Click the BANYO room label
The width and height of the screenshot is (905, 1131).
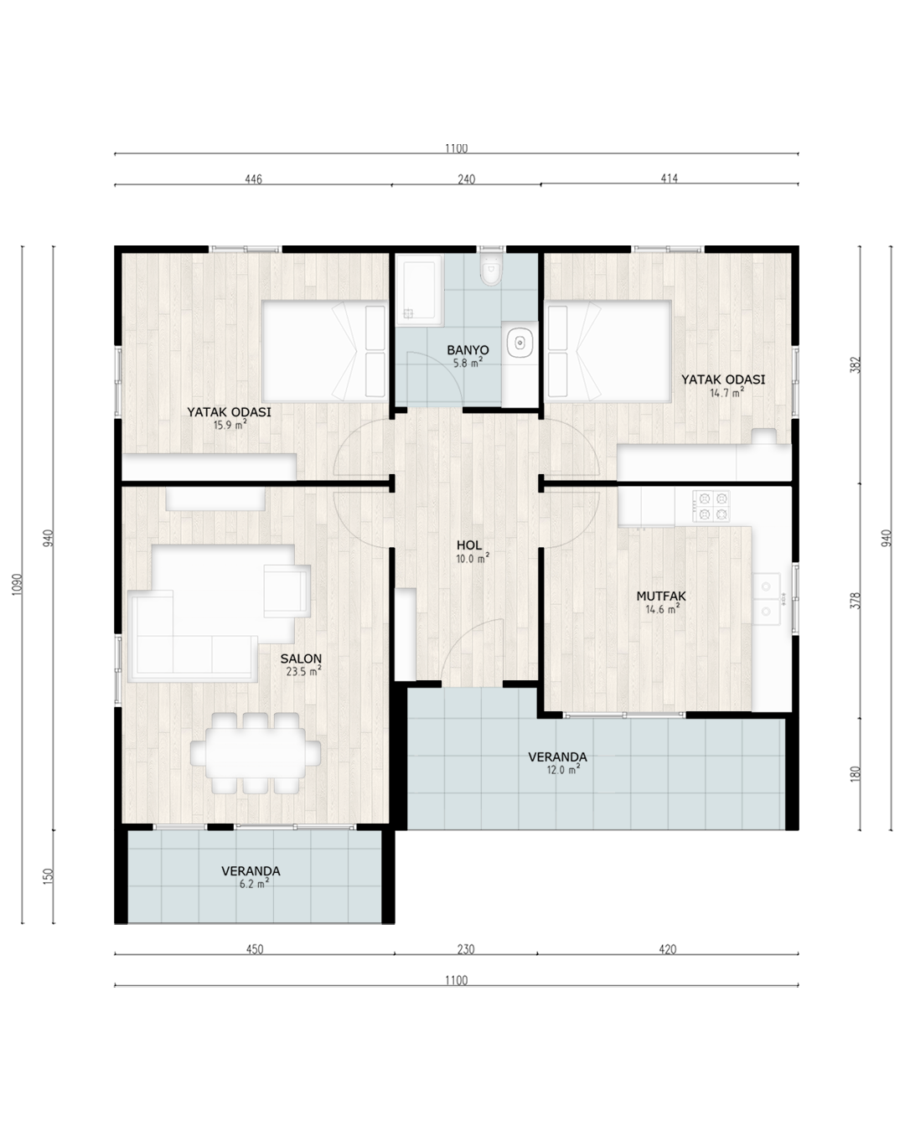(468, 350)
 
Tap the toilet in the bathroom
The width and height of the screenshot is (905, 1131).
(491, 270)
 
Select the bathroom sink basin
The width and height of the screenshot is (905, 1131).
(520, 343)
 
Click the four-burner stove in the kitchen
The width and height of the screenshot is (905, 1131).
(711, 506)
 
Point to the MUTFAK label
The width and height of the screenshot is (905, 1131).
(661, 596)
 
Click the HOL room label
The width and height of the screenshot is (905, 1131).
(469, 545)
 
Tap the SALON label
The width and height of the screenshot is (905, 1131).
(301, 658)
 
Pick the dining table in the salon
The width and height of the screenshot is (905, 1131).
(256, 753)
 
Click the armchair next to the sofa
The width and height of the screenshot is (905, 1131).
(287, 591)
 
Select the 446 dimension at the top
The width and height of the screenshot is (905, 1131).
(253, 179)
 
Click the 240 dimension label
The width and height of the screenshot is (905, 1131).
(467, 179)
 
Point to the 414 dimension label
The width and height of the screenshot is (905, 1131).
(669, 178)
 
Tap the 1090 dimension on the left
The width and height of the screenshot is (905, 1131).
(18, 583)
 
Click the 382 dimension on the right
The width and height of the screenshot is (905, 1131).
(856, 364)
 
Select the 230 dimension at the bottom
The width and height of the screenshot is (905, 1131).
(466, 949)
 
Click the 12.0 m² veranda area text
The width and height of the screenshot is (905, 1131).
(563, 769)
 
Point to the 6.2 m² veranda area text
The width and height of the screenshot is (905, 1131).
(255, 884)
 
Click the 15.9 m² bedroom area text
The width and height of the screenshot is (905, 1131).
(230, 425)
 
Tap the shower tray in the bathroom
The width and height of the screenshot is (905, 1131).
(420, 291)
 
